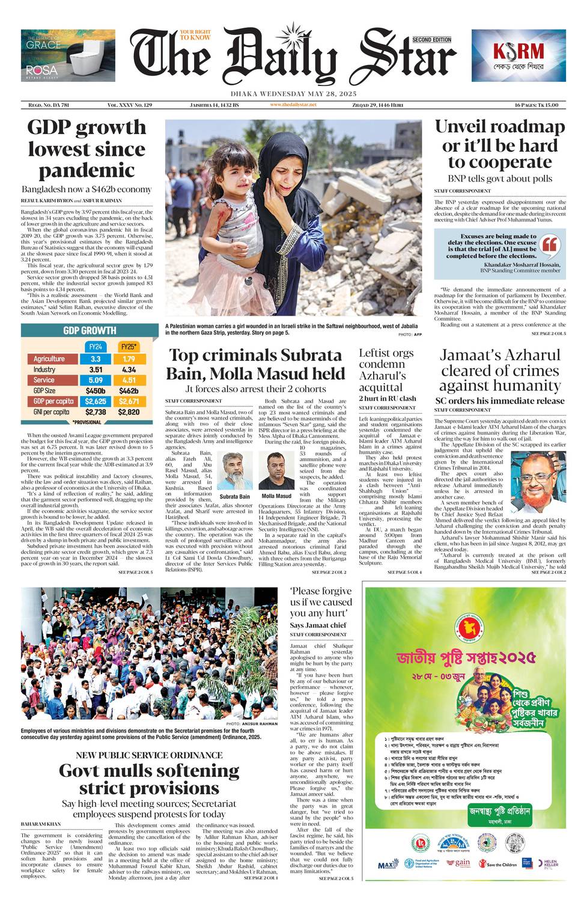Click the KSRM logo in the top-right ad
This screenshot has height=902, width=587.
click(x=519, y=51)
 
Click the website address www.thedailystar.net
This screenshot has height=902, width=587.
click(x=293, y=105)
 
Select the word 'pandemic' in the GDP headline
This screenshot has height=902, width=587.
click(x=87, y=170)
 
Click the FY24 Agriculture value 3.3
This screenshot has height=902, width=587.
click(x=96, y=359)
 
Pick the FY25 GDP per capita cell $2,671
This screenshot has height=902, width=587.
click(x=129, y=401)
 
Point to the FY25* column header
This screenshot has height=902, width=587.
click(x=129, y=347)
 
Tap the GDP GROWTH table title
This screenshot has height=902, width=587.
click(x=90, y=330)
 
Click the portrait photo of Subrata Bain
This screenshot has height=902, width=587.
click(x=234, y=471)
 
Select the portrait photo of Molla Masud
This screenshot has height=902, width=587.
click(x=276, y=471)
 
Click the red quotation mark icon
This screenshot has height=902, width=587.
click(x=549, y=245)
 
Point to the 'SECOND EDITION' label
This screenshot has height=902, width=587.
click(x=432, y=40)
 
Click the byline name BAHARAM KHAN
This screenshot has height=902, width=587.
click(x=41, y=824)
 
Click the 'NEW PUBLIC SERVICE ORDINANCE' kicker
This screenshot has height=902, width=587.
click(x=149, y=755)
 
